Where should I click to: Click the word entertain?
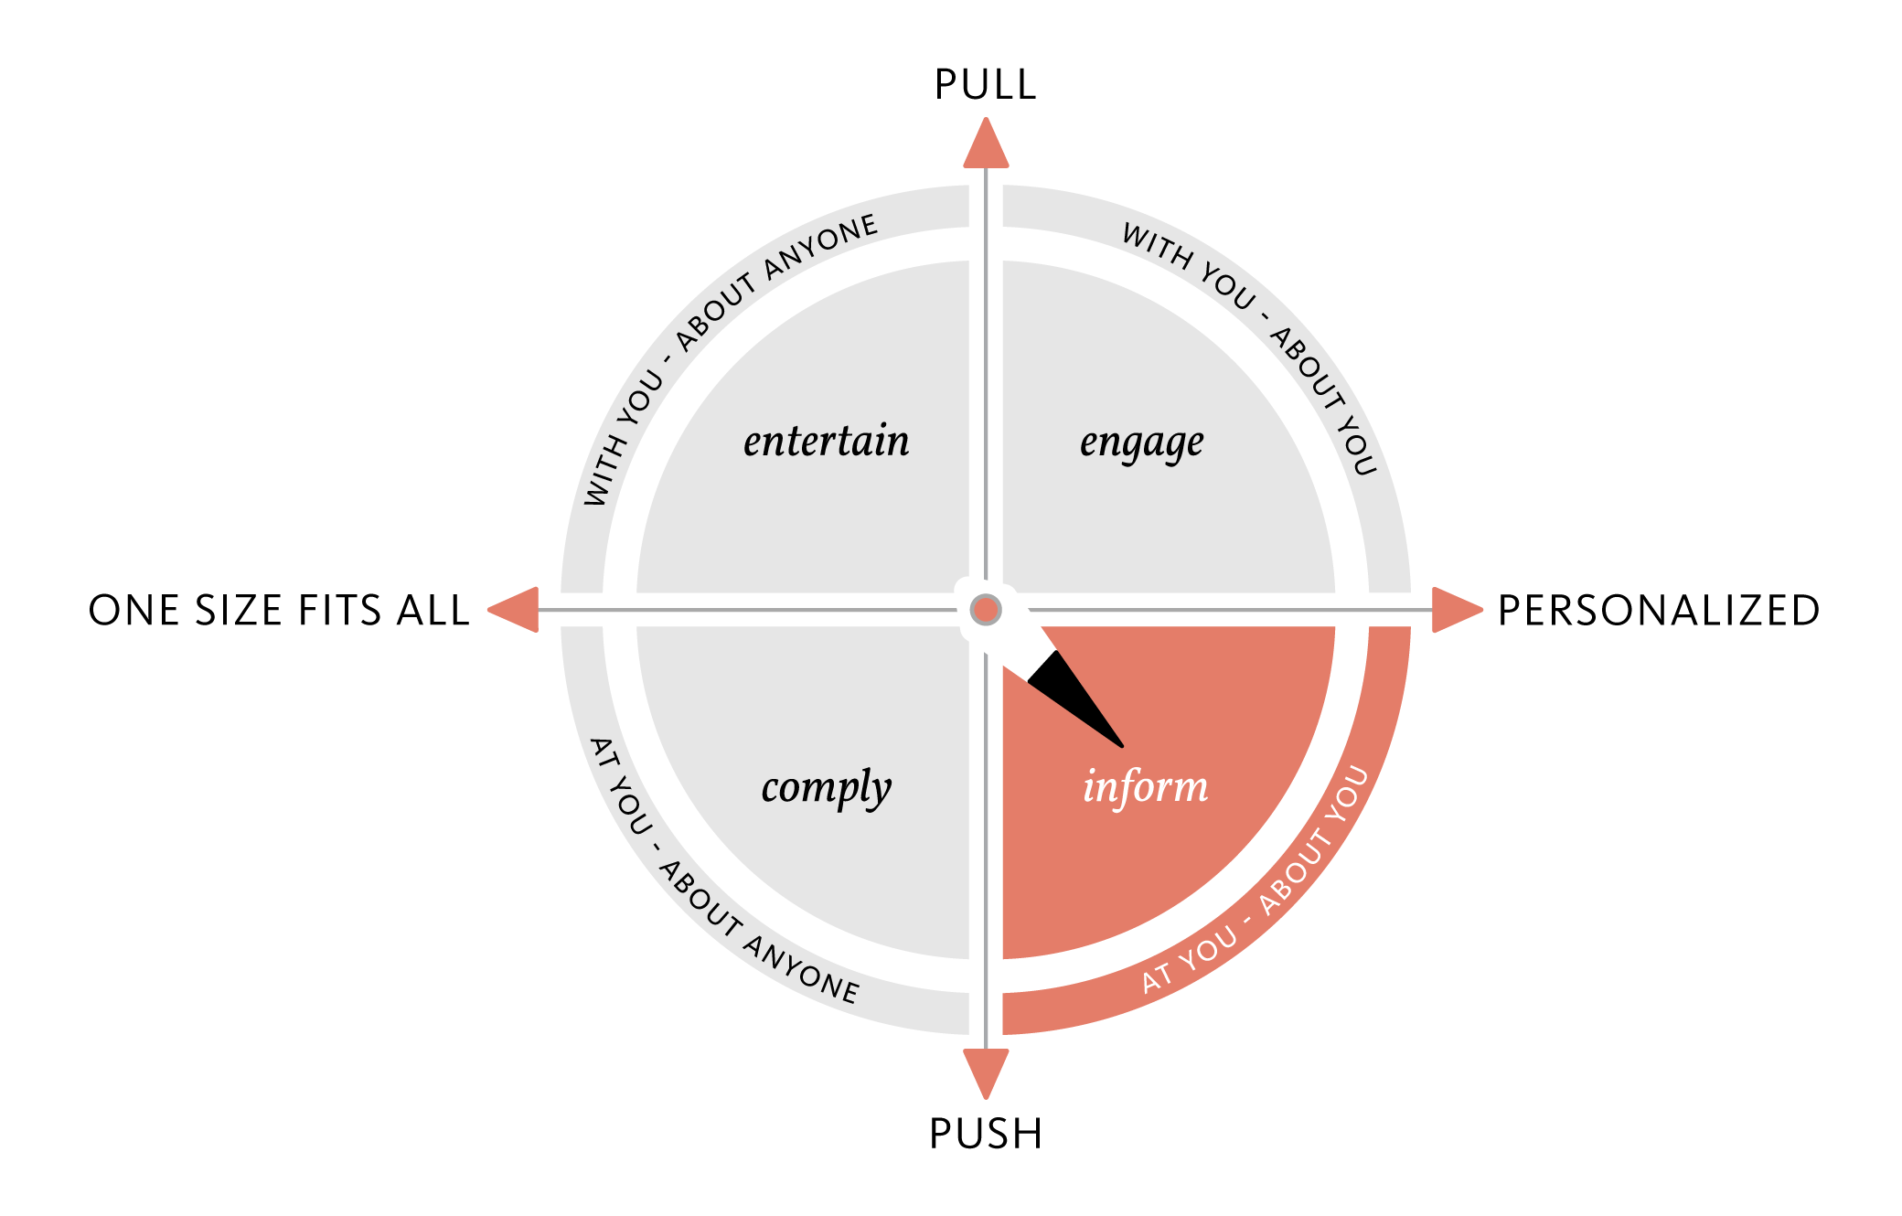tap(826, 442)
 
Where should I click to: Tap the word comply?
tap(826, 788)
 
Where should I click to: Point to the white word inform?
tap(1145, 787)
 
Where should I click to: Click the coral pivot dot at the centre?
tap(986, 609)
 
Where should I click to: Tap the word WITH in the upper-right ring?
tap(1155, 245)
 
